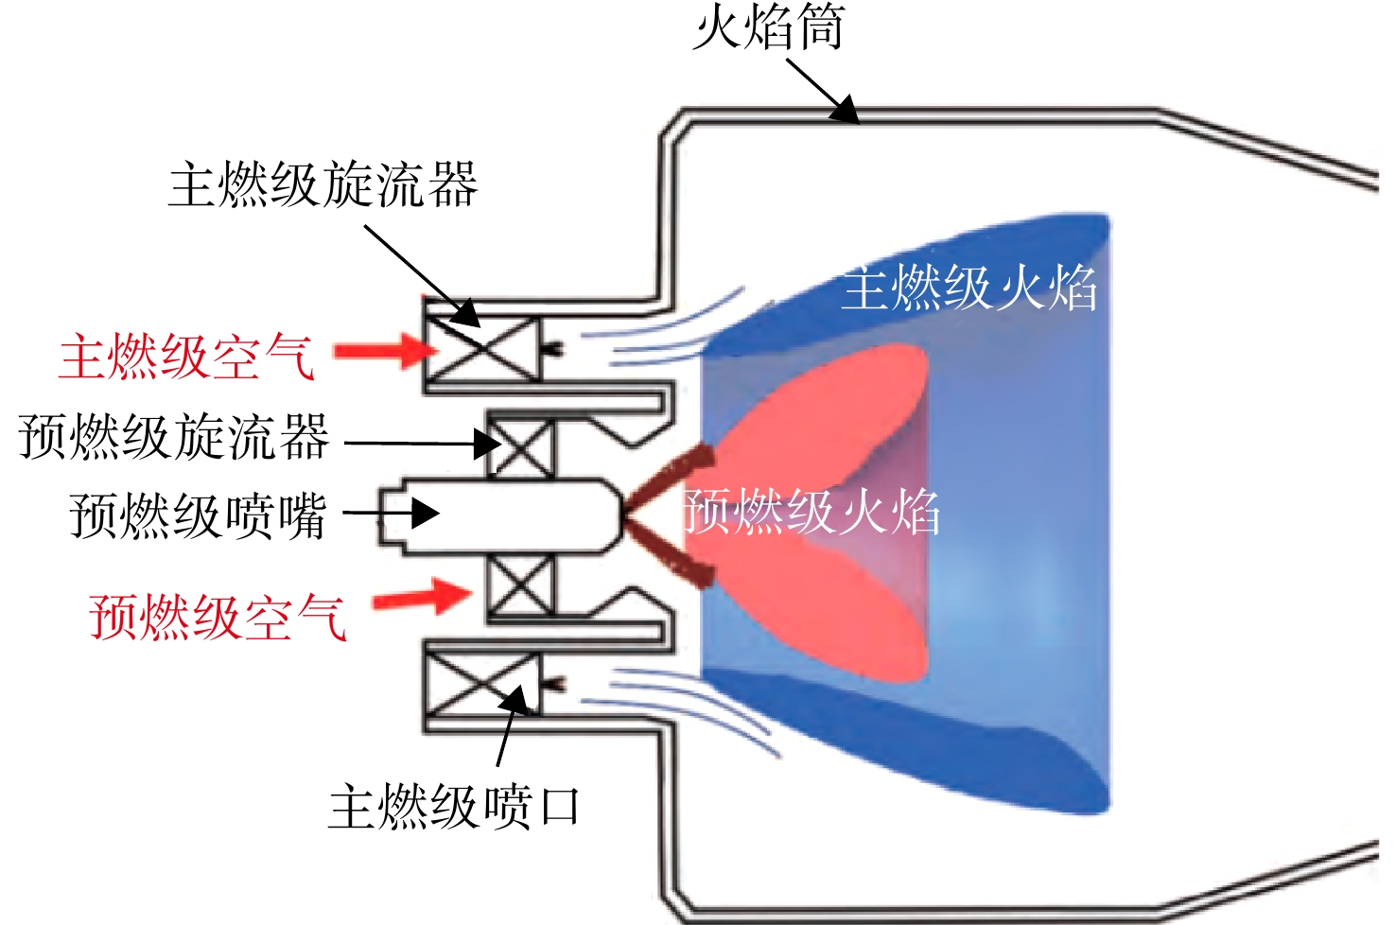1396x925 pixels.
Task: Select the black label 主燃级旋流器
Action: (323, 184)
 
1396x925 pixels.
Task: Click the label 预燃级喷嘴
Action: (199, 515)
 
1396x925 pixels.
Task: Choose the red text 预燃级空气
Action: (218, 617)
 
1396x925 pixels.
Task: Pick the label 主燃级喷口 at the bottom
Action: (454, 807)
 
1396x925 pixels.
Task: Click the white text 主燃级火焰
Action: (969, 288)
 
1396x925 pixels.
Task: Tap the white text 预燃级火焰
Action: (811, 512)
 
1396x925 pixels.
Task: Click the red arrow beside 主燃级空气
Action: (387, 351)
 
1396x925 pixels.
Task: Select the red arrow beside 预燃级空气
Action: (421, 597)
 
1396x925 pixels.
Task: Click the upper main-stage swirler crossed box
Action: (482, 349)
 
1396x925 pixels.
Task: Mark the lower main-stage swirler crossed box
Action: (482, 685)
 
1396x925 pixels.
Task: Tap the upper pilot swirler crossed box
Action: (520, 448)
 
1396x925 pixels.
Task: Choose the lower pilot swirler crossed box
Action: (520, 585)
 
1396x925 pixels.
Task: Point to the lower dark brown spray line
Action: (670, 553)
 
